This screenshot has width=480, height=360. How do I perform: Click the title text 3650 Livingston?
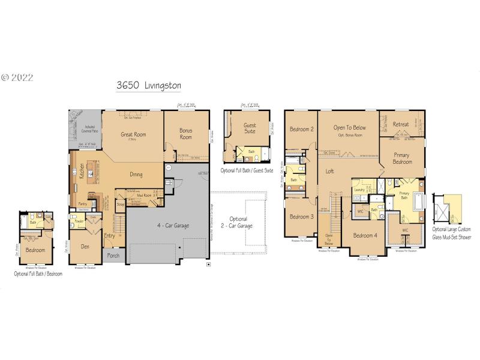point(149,86)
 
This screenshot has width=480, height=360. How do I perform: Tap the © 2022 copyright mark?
point(17,77)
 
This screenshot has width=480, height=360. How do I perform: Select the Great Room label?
point(133,135)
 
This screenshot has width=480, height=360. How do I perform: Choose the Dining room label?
point(136,175)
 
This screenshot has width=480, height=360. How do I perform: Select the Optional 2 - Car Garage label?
point(235,223)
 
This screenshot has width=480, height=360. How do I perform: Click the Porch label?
point(113,255)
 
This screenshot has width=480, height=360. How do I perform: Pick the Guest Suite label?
point(250,129)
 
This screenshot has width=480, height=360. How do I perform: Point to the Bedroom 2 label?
point(302,129)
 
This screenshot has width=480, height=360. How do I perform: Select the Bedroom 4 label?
point(365,235)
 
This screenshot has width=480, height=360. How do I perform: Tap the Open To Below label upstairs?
point(350,128)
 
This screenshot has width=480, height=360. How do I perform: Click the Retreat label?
point(401,124)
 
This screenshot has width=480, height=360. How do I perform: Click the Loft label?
point(329,171)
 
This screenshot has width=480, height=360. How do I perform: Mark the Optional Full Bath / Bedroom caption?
point(38,274)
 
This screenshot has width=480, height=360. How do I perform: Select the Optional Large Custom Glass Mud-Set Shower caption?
point(452,233)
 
